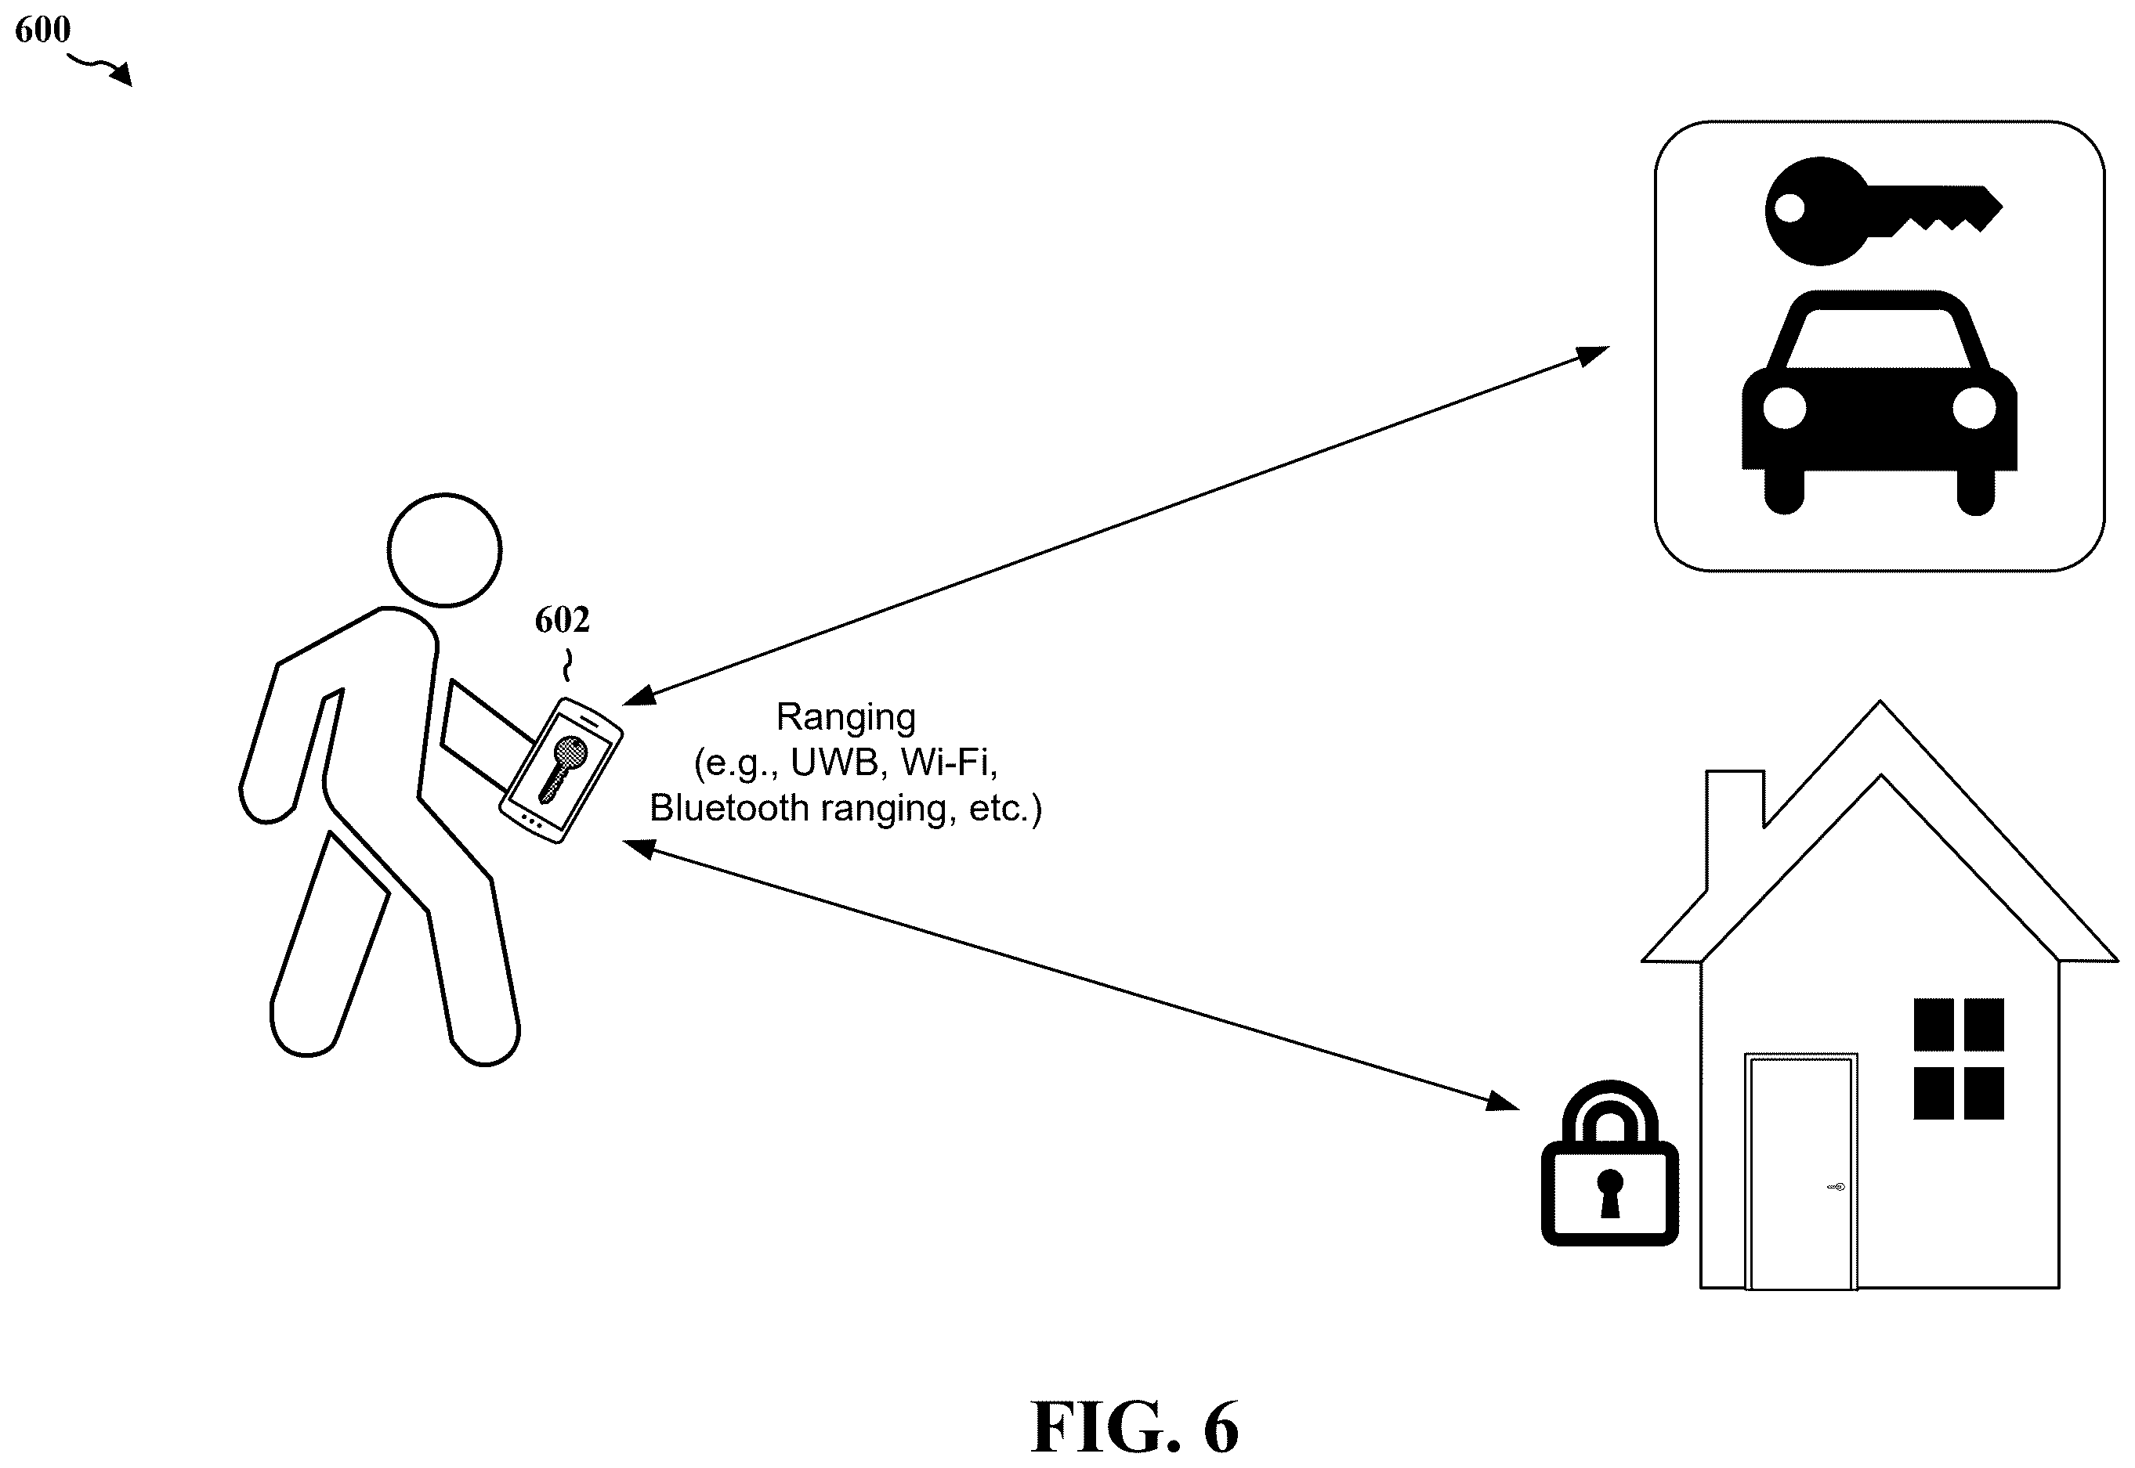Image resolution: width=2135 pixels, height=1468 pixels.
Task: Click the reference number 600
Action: point(42,30)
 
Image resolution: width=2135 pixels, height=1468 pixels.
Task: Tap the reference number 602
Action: point(563,620)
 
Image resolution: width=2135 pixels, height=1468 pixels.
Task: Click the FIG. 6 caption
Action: point(1134,1427)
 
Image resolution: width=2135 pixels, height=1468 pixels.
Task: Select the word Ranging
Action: point(845,717)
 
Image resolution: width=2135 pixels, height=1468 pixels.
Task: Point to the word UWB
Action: point(837,762)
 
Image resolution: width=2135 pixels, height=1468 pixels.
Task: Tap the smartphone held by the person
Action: point(560,770)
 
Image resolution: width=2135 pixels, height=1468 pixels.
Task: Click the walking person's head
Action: point(444,550)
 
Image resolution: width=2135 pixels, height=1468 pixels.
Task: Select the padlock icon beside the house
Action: point(1609,1163)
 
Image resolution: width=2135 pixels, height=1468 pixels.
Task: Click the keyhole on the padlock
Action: point(1609,1193)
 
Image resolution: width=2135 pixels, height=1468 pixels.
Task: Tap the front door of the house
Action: point(1801,1171)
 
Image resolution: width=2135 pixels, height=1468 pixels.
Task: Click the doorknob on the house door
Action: point(1835,1188)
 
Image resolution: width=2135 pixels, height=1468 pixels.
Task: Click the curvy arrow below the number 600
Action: point(101,68)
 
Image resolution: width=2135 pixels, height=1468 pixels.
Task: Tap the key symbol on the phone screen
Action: point(563,768)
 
